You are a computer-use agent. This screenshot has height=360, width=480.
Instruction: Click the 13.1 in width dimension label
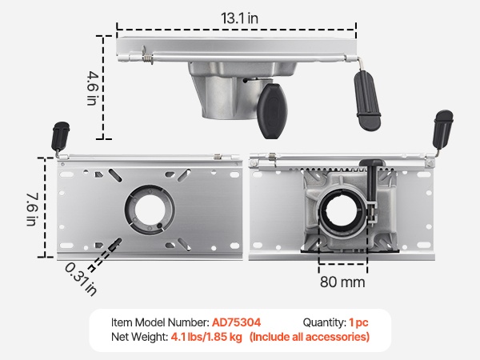coord(239,18)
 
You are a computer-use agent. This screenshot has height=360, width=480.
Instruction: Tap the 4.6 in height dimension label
coord(92,88)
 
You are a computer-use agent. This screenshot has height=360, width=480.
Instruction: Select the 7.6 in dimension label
coord(32,209)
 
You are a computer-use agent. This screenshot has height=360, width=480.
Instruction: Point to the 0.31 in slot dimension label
coord(81,279)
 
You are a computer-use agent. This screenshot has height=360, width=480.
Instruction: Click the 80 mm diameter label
coord(342,282)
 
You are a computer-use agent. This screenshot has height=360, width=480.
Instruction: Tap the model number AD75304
coord(236,322)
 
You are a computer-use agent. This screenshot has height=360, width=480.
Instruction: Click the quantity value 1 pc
coord(358,322)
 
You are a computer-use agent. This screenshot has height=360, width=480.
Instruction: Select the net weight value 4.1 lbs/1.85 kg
coord(206,337)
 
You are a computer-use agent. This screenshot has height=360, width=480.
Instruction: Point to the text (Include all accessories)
coord(310,337)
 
